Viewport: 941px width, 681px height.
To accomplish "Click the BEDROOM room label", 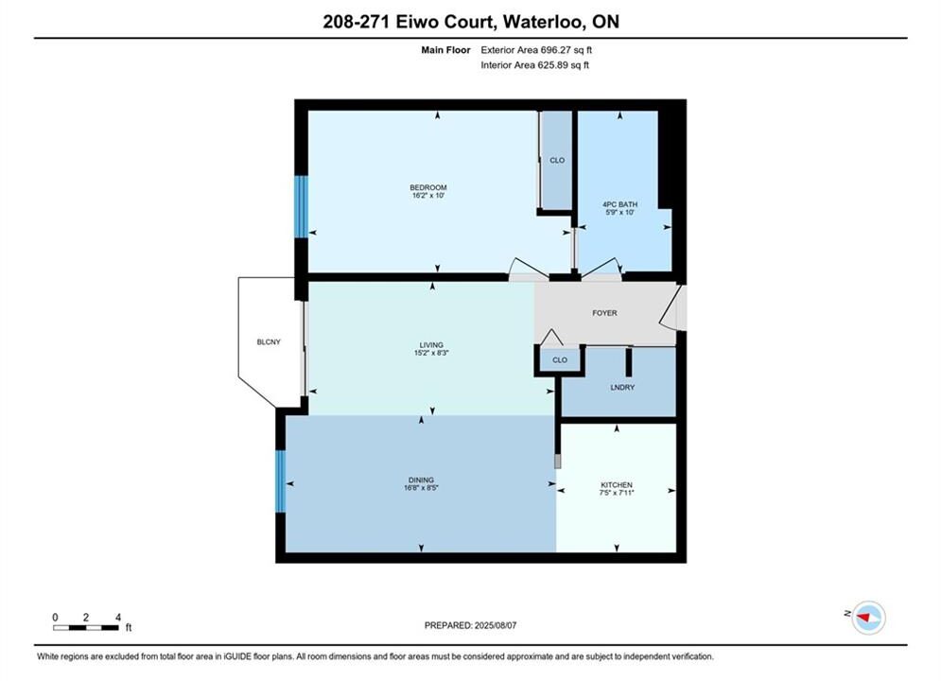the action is tap(428, 187).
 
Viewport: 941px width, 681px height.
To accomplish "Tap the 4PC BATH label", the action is tap(620, 204).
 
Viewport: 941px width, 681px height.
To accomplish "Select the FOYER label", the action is tap(604, 313).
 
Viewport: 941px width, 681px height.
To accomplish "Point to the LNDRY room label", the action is tap(622, 387).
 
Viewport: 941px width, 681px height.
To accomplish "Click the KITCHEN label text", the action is tap(617, 484).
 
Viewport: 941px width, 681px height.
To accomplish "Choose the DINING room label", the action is tap(421, 480).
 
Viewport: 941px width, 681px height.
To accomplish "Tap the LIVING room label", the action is tap(431, 344).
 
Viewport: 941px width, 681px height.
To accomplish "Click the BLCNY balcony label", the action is tap(269, 341).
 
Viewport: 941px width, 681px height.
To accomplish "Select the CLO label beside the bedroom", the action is tap(557, 160).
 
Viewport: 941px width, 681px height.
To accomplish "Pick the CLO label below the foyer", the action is tap(559, 360).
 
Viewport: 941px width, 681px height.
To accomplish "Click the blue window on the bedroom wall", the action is tap(301, 206).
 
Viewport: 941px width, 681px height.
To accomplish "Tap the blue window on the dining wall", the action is tap(280, 481).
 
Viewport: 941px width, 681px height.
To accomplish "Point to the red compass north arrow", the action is tap(864, 617).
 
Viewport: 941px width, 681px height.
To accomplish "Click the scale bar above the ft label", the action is tap(85, 628).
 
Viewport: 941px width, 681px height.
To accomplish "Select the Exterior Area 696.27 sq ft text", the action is tap(536, 50).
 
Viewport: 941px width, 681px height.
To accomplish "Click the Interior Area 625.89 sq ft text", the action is tap(534, 65).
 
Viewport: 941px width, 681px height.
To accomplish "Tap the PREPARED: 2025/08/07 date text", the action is tap(471, 625).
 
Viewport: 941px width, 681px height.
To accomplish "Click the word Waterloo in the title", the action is tap(543, 22).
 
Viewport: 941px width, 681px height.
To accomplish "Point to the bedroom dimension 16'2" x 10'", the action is tap(428, 195).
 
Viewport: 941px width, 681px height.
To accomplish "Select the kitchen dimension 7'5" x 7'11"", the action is tap(617, 492).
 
